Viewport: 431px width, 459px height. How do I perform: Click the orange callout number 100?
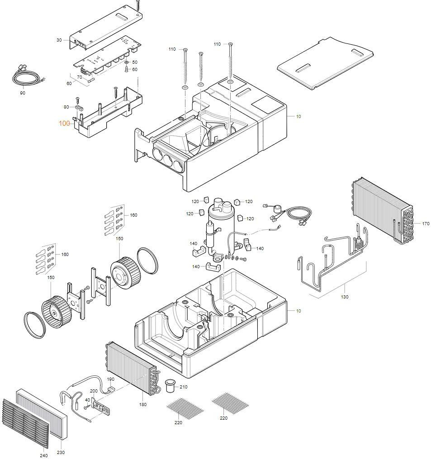(64, 123)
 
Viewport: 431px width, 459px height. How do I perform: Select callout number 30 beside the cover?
(59, 40)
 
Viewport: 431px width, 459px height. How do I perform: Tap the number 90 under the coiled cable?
(23, 93)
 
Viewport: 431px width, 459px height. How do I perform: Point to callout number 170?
(426, 223)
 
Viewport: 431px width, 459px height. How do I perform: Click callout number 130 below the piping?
(345, 297)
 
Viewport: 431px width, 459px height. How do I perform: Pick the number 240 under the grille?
(43, 455)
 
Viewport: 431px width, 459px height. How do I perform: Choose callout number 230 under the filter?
(61, 452)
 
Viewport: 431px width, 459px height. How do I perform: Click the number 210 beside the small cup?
(183, 387)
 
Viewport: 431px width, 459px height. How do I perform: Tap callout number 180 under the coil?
(143, 404)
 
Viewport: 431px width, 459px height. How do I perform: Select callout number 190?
(110, 379)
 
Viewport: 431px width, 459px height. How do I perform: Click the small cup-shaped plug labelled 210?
(171, 386)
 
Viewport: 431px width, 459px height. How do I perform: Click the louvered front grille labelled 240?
(25, 423)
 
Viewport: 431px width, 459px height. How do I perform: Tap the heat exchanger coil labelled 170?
(382, 213)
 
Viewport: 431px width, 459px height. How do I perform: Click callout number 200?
(94, 391)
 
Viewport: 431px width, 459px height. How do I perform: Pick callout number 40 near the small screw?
(87, 400)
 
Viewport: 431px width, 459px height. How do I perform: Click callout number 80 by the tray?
(66, 107)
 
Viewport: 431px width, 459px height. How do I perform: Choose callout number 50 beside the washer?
(135, 62)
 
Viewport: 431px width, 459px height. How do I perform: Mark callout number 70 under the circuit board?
(79, 77)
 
